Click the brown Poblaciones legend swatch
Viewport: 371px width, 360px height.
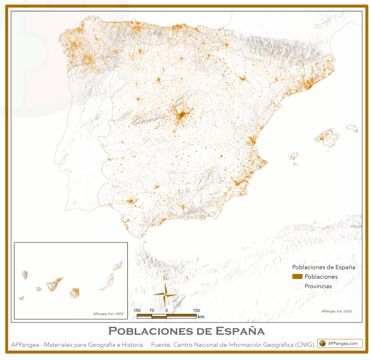tap(297, 276)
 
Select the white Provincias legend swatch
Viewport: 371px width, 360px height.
tap(297, 286)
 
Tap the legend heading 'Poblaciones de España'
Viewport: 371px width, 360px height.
tap(323, 267)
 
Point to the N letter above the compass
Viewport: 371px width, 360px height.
tap(165, 278)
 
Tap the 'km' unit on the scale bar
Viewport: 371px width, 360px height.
tap(201, 316)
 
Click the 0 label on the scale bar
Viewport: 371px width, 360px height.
tap(166, 310)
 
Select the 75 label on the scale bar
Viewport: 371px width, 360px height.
tap(152, 310)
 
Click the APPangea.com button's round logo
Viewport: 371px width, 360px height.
tap(322, 343)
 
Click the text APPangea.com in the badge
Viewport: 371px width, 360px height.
tap(343, 343)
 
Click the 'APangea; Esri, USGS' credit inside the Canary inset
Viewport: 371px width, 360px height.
tap(108, 313)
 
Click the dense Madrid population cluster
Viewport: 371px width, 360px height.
tap(182, 116)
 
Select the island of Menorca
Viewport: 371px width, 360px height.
tap(352, 129)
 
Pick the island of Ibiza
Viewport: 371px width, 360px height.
tap(294, 157)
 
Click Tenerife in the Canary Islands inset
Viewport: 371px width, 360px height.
tap(54, 284)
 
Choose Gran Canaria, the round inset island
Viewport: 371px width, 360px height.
tap(75, 293)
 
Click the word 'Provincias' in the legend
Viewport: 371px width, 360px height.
tap(318, 286)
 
